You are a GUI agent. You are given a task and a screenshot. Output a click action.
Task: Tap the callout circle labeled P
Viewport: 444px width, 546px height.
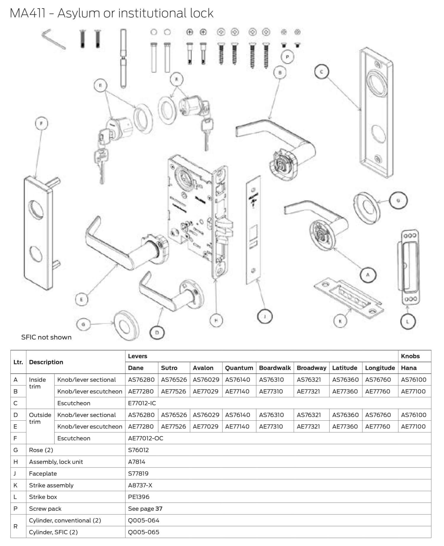pos(287,57)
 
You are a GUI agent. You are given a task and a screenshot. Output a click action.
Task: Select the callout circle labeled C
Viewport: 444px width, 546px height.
pos(321,72)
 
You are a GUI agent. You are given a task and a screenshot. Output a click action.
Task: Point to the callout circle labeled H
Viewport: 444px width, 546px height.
pos(216,320)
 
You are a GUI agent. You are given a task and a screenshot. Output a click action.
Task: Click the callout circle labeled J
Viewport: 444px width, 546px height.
pos(265,317)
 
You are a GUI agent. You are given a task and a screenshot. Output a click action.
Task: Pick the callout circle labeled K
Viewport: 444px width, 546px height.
pos(340,321)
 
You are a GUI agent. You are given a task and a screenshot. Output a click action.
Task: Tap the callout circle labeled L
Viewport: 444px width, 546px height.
pos(408,322)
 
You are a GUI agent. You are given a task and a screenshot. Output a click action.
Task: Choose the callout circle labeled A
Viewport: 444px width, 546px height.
pos(368,275)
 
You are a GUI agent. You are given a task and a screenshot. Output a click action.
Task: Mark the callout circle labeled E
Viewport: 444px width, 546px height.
pos(82,299)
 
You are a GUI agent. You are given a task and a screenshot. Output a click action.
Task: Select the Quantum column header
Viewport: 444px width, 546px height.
pos(239,368)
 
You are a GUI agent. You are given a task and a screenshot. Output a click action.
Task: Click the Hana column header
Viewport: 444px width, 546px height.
pos(408,368)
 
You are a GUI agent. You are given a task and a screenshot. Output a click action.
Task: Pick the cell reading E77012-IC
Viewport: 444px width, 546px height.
pos(142,403)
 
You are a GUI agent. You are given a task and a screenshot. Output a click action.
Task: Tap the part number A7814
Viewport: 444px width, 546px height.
pos(136,462)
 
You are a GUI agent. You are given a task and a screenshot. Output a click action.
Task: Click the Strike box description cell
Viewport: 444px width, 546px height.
pos(43,497)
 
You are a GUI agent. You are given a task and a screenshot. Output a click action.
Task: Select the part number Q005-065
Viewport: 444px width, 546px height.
pos(144,532)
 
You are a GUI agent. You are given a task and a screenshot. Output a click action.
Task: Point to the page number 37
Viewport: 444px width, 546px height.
pos(159,509)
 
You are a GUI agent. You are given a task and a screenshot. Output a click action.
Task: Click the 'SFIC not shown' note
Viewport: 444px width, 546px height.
pos(46,337)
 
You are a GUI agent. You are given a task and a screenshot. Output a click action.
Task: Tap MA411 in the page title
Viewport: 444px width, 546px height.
pos(28,13)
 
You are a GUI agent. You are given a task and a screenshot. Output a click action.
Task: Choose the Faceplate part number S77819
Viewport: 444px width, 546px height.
pos(138,473)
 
